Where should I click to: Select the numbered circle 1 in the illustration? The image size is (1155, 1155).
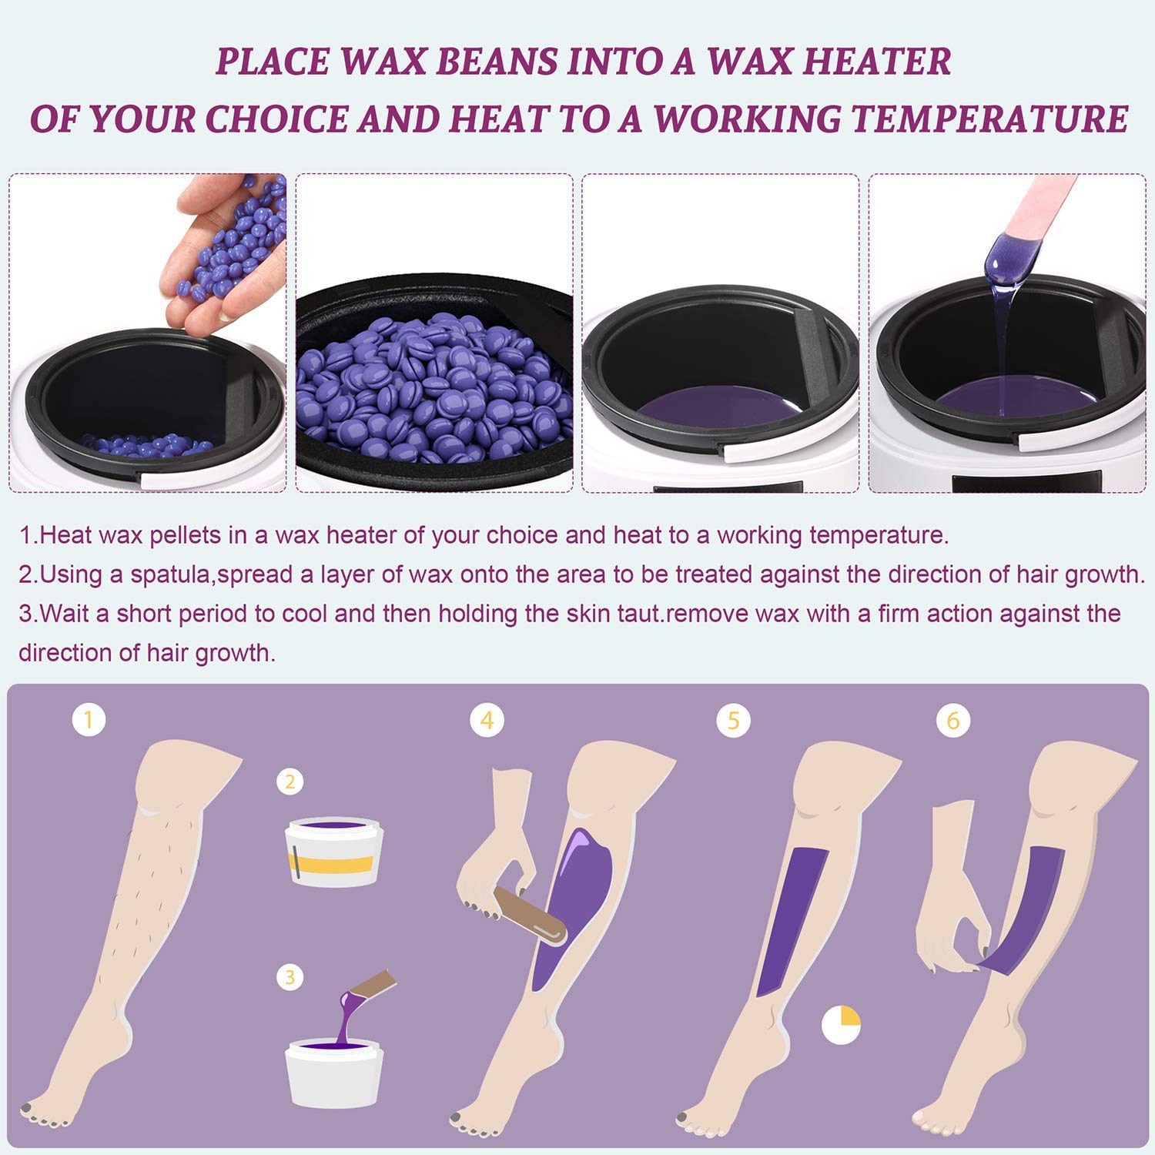tap(89, 720)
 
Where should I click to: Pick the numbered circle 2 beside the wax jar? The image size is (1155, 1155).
tap(290, 782)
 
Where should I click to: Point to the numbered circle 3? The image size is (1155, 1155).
tap(290, 977)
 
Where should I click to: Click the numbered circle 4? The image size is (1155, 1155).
tap(487, 721)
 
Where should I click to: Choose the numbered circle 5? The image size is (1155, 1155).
tap(733, 721)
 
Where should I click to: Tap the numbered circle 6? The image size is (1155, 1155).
tap(953, 721)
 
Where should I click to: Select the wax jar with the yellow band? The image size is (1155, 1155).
tap(334, 853)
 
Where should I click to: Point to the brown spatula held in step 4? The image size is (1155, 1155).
tap(531, 914)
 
